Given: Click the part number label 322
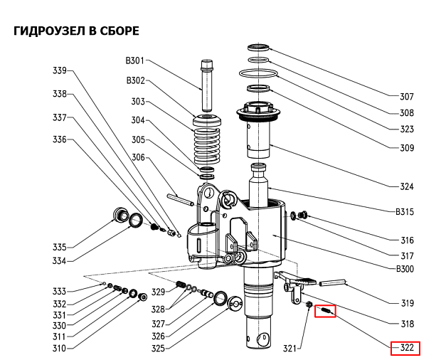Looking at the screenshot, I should [x=406, y=349].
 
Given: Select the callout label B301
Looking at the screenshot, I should [x=135, y=60].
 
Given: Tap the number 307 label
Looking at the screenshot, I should [x=406, y=96].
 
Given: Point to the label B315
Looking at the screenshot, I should [x=404, y=211].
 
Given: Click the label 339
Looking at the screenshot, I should [x=60, y=70].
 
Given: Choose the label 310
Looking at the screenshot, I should [x=59, y=348].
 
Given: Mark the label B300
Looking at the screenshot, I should [x=404, y=269].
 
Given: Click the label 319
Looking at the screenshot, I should [x=406, y=303].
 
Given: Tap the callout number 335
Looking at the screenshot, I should [x=60, y=247].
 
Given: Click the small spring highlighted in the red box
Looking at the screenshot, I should [x=326, y=310].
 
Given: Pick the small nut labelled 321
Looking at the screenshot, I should [x=310, y=305].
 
